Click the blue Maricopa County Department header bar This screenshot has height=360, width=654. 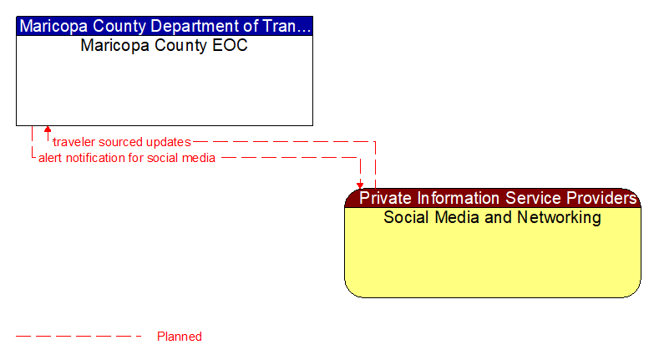point(165,26)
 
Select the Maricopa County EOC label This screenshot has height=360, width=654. point(164,45)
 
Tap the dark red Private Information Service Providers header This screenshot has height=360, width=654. point(493,199)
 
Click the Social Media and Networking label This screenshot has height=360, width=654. point(492,218)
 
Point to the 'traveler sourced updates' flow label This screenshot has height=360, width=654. point(122,142)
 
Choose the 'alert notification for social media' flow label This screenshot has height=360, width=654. point(127,158)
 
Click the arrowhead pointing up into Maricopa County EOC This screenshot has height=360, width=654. point(48,130)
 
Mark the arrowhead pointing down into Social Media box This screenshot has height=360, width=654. point(360,185)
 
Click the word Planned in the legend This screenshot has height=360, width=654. point(180,337)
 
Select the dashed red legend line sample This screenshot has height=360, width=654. point(79,337)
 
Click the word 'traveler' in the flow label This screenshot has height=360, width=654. point(71,142)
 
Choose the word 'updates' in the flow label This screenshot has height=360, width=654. point(170,142)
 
